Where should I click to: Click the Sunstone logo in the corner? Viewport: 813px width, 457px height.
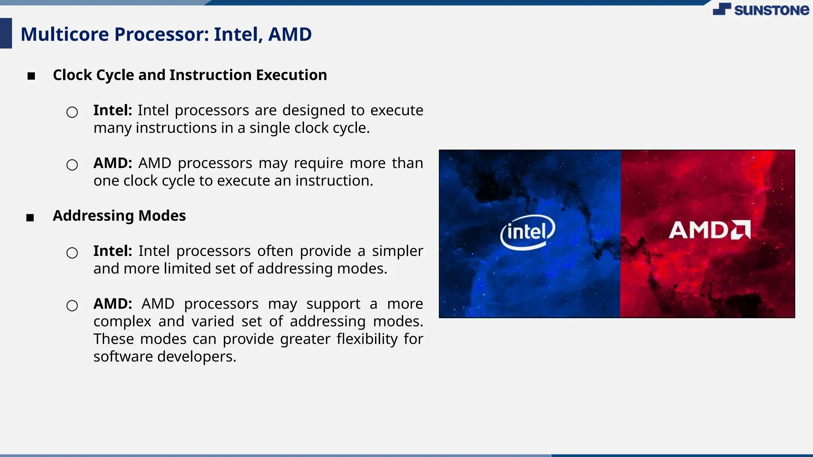(761, 10)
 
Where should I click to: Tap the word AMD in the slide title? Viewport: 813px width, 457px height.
(290, 34)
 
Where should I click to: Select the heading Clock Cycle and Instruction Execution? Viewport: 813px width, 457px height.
(190, 75)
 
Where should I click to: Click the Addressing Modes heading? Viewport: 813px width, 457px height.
(119, 216)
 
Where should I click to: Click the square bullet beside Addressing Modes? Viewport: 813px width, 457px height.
(30, 217)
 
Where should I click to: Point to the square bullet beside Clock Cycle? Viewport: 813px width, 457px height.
(31, 76)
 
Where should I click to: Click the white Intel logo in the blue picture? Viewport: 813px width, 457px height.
(528, 232)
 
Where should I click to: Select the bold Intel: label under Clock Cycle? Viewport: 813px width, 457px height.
(113, 110)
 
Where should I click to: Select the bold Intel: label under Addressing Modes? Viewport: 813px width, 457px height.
(113, 251)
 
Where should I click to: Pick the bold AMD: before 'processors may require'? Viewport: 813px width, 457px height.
(113, 163)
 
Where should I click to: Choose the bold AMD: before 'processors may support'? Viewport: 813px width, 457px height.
(113, 304)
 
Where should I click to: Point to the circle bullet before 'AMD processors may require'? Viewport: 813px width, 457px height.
(72, 165)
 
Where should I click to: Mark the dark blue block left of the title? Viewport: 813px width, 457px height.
(6, 33)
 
